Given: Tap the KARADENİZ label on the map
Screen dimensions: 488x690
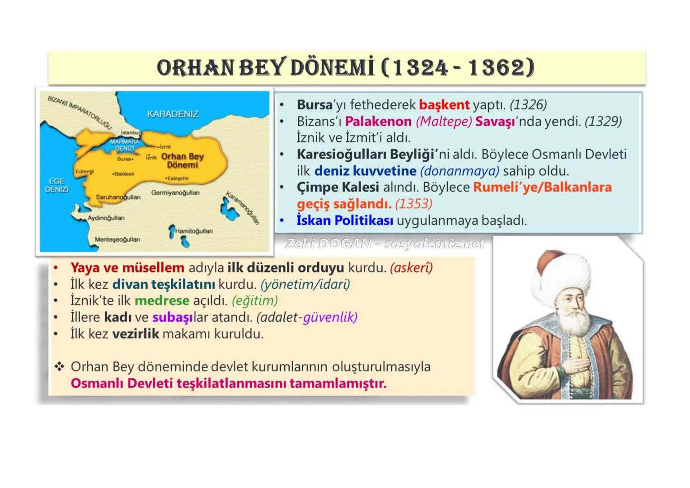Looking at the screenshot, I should coord(173,114).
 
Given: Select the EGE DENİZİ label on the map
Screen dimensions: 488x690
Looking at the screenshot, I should coord(56,185).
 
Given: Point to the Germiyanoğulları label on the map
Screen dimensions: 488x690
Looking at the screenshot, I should coord(175,193).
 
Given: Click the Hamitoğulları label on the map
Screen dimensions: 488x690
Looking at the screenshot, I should coord(193,231).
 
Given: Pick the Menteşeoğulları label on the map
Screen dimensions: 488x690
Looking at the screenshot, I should coord(117,239).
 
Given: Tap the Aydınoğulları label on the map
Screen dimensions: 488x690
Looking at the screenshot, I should coord(106,218).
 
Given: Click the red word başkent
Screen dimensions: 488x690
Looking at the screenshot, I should coord(444,105).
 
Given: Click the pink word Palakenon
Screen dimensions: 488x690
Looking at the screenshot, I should coord(378,122).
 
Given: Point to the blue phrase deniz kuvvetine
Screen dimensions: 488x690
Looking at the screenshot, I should coord(365,171).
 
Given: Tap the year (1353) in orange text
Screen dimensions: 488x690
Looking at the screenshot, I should coord(413,204).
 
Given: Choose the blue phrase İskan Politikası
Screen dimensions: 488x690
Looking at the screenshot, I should coord(344,221).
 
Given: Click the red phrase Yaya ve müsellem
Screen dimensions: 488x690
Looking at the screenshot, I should coord(127,268).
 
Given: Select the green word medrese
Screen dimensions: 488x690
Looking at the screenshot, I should coord(162,301).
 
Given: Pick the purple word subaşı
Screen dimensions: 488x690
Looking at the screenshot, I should coord(172,318).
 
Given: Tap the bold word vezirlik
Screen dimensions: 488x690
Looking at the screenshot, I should coord(136,334).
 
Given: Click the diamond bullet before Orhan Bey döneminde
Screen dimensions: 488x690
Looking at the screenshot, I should coord(59,366).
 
